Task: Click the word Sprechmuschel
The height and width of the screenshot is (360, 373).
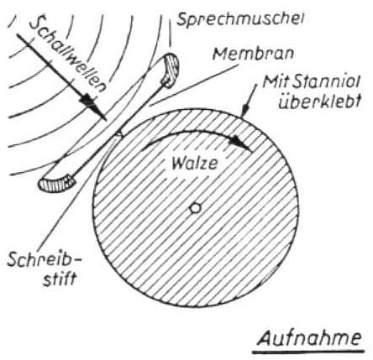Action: [240, 20]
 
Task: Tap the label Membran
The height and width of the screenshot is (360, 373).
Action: [253, 54]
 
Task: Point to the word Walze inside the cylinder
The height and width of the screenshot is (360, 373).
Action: [195, 163]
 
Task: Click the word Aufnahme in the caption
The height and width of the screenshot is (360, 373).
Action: [309, 338]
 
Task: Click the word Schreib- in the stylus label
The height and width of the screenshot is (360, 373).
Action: [45, 259]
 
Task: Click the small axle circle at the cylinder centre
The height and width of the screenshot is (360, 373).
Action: [195, 208]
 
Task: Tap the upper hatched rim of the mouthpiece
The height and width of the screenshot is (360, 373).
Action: [171, 70]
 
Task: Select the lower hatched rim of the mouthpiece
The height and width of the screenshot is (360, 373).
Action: [57, 183]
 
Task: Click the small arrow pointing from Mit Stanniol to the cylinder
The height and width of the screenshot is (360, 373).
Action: [250, 100]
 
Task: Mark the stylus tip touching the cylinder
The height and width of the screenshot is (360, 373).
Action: [120, 135]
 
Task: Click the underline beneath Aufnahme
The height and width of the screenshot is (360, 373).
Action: [308, 352]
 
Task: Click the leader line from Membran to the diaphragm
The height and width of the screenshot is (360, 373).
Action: [194, 86]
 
